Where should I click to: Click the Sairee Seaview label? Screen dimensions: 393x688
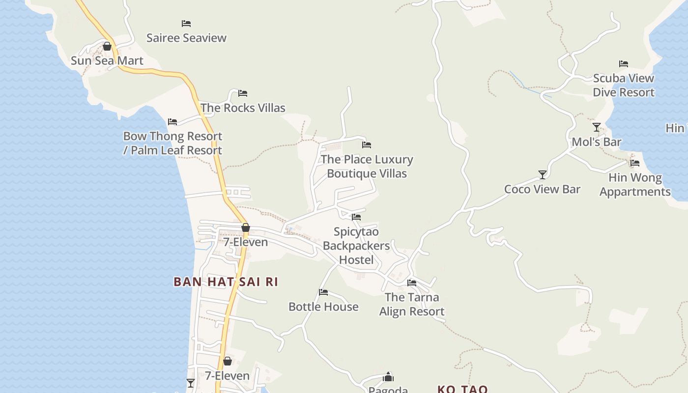[x=186, y=38]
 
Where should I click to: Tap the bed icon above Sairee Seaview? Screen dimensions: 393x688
[x=186, y=23]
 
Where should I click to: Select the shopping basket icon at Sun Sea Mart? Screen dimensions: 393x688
[x=107, y=46]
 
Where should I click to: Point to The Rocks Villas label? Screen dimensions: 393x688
[x=243, y=108]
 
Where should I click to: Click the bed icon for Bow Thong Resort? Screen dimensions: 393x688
[x=172, y=121]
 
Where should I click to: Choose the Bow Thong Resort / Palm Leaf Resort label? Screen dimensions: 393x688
[x=172, y=143]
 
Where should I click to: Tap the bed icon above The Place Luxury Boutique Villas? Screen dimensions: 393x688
[x=367, y=144]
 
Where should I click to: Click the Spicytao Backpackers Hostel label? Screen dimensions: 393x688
[x=356, y=246]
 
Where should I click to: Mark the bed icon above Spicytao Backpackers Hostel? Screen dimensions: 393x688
[x=356, y=217]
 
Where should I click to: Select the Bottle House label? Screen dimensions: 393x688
[x=323, y=307]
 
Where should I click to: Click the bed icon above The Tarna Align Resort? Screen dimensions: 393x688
[x=412, y=282]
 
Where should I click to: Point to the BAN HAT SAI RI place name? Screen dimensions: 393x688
[x=226, y=281]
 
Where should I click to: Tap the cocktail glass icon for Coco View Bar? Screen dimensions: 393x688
[x=543, y=174]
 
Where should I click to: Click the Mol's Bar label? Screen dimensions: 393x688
[x=597, y=142]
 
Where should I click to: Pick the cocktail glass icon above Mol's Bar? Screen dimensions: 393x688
[x=597, y=127]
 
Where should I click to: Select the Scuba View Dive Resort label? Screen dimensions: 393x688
[x=624, y=85]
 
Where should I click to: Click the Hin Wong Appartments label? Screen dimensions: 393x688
[x=635, y=185]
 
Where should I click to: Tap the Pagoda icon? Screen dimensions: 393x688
[x=388, y=377]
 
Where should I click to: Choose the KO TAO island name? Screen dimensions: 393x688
[x=462, y=389]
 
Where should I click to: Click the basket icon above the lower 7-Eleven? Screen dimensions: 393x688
[x=228, y=361]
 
